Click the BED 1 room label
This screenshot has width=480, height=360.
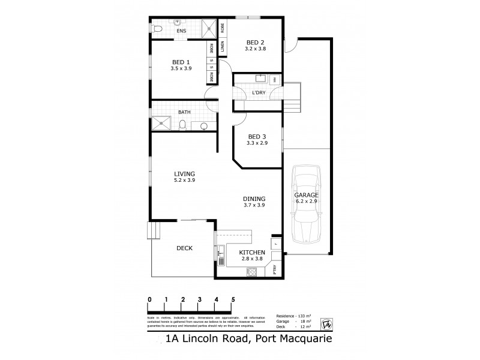181,62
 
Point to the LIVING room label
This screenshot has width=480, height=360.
184,173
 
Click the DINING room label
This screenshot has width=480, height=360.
254,199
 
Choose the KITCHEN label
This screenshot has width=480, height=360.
252,253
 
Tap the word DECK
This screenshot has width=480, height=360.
184,248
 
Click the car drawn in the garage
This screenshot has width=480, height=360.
307,204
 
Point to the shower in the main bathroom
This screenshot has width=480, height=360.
161,124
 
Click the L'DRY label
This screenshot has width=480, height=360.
259,92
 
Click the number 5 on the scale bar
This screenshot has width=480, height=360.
233,298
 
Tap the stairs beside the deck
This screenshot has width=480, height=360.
154,231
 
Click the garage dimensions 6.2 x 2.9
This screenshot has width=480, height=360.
306,203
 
